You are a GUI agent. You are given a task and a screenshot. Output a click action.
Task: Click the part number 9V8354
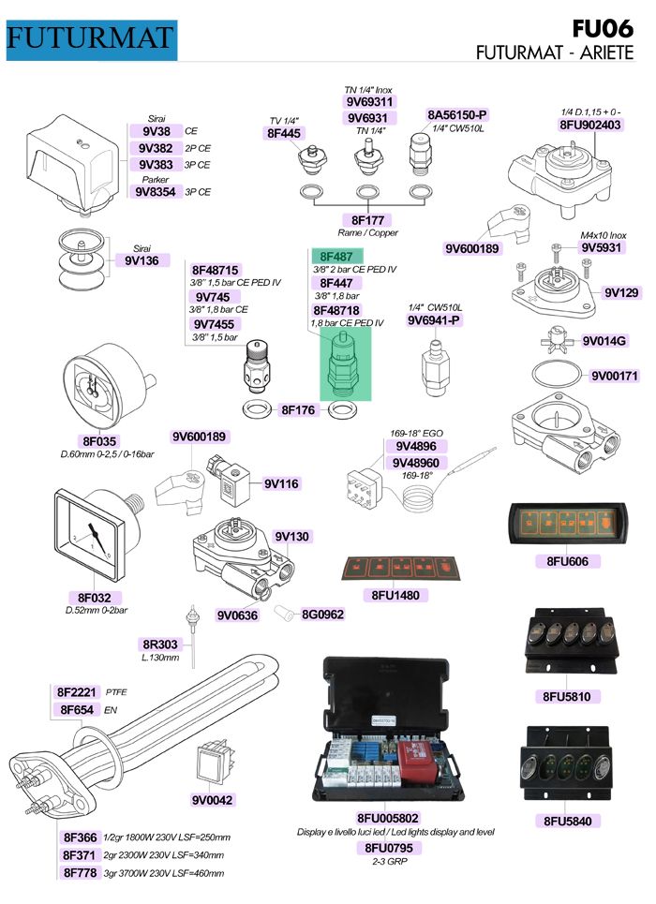(155, 192)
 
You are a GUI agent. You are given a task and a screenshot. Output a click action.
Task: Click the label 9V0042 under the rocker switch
(212, 800)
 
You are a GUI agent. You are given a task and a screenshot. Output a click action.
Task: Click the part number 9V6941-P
(434, 320)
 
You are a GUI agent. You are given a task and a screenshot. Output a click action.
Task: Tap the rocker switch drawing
(212, 766)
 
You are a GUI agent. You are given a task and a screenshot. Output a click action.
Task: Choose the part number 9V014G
(604, 341)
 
